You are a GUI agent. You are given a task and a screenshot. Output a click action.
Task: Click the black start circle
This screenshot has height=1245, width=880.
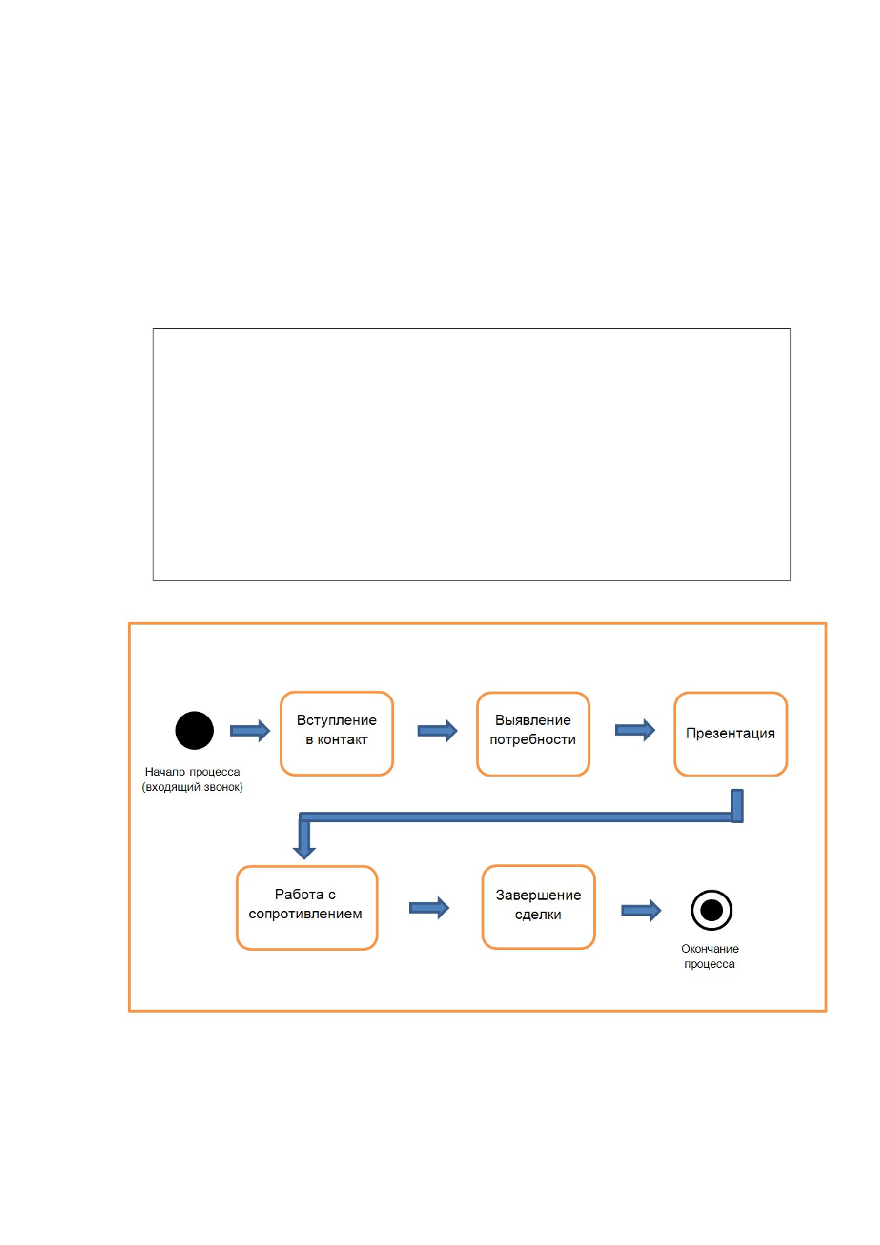[195, 731]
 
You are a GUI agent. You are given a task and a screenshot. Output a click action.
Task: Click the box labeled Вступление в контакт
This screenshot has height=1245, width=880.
[337, 733]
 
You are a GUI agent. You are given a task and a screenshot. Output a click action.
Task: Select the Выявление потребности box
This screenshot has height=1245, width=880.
[533, 734]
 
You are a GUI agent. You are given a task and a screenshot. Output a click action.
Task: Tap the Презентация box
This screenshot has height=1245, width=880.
[731, 734]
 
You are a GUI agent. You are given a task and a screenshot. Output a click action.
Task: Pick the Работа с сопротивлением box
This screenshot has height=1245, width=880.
[307, 907]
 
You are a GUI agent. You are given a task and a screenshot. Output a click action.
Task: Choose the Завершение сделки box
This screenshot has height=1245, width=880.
[538, 907]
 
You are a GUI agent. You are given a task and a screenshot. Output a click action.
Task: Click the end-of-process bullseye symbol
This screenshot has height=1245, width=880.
[712, 910]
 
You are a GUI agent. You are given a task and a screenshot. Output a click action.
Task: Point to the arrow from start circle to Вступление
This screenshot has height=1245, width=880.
[250, 731]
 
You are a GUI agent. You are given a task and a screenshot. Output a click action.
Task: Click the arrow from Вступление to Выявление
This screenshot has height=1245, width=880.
[438, 731]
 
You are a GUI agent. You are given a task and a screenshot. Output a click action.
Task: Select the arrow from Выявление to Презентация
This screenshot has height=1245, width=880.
[635, 730]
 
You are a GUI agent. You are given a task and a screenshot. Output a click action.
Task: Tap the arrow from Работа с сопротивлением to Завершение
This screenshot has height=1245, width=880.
[429, 907]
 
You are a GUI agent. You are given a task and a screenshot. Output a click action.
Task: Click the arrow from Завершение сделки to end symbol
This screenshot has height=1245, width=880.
[641, 910]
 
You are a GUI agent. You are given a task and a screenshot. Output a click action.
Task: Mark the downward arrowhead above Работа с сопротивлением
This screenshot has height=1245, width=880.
[304, 849]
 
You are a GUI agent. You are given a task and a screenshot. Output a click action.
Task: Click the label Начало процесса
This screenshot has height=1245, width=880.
[192, 772]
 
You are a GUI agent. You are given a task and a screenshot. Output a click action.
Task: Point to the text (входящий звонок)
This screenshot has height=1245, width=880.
[192, 787]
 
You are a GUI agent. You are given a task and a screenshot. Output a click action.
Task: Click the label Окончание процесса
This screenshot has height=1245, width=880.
[710, 956]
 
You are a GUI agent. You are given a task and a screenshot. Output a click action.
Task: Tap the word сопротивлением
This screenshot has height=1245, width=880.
[305, 914]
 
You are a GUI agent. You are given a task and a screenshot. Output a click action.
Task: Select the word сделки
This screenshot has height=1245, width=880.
[538, 915]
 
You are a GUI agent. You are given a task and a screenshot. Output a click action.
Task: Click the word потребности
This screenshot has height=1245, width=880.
[533, 740]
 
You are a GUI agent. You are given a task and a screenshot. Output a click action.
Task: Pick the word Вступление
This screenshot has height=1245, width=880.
[337, 720]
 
